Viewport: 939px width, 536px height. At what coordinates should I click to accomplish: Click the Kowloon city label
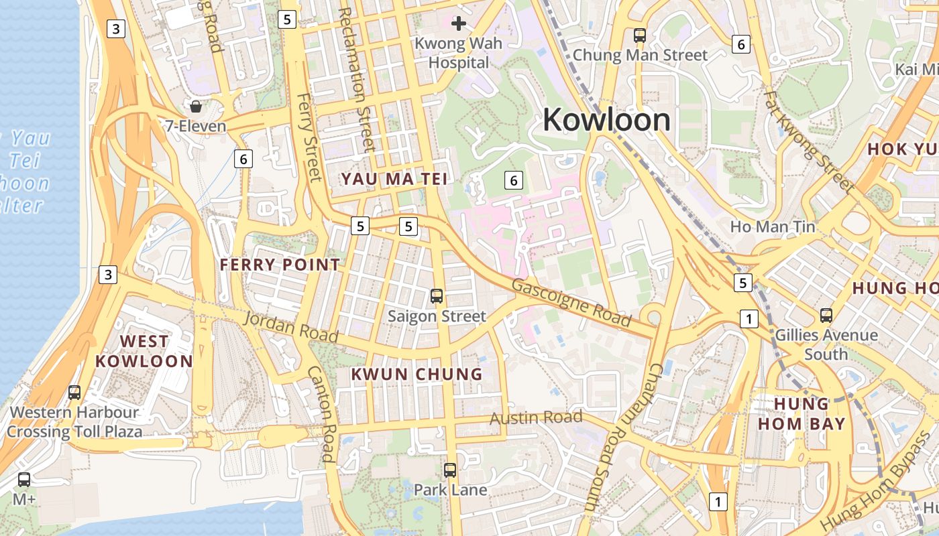click(606, 120)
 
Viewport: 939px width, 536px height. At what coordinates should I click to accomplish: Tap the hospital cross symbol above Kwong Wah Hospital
click(459, 24)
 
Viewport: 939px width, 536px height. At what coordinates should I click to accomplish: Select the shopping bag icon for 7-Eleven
click(196, 107)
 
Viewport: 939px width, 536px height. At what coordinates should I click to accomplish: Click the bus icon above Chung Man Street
click(640, 36)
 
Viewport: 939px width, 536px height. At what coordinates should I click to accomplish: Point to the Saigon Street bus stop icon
click(437, 295)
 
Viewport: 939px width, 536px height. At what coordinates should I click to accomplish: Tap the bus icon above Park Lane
click(450, 470)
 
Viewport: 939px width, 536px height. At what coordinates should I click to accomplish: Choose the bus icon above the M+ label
click(24, 480)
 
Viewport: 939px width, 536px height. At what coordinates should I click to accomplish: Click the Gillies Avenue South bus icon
click(826, 315)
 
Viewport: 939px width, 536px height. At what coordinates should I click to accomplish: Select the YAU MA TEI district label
click(394, 179)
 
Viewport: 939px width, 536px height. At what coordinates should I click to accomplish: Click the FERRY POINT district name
click(280, 265)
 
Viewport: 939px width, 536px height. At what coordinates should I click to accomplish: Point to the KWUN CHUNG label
click(417, 374)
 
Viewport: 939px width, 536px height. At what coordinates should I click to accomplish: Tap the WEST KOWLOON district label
click(144, 351)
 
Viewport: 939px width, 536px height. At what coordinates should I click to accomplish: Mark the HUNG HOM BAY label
click(802, 413)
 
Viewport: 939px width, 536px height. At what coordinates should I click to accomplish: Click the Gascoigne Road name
click(571, 303)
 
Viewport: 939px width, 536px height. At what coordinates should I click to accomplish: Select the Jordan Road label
click(290, 327)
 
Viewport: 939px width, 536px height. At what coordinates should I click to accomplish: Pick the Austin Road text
click(536, 418)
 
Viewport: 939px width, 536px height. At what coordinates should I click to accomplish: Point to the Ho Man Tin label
click(773, 227)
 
